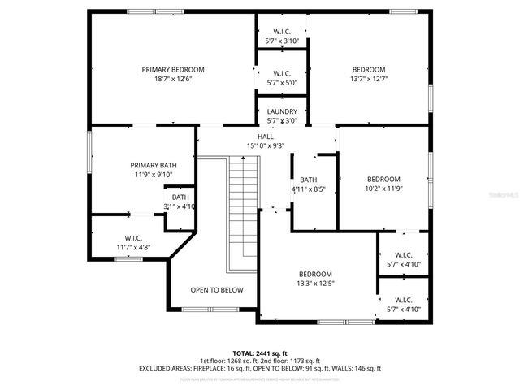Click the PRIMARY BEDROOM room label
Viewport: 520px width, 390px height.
click(x=173, y=70)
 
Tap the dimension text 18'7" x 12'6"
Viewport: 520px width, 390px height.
click(x=173, y=80)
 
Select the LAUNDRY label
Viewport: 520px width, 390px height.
click(x=282, y=111)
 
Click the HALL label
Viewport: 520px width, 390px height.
click(x=266, y=136)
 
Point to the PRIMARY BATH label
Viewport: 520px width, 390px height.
click(x=154, y=165)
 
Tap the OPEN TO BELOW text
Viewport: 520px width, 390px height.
click(x=217, y=289)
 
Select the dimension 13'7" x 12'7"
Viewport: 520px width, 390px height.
click(x=369, y=80)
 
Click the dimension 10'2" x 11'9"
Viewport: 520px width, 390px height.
click(x=383, y=188)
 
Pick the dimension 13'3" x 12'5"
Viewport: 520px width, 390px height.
click(x=314, y=284)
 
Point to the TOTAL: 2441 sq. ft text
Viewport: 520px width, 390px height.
click(x=260, y=353)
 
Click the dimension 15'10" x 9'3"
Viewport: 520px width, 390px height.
click(x=266, y=145)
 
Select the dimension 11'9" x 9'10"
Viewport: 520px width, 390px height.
click(x=154, y=175)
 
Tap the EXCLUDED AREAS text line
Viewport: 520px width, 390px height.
click(x=260, y=368)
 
